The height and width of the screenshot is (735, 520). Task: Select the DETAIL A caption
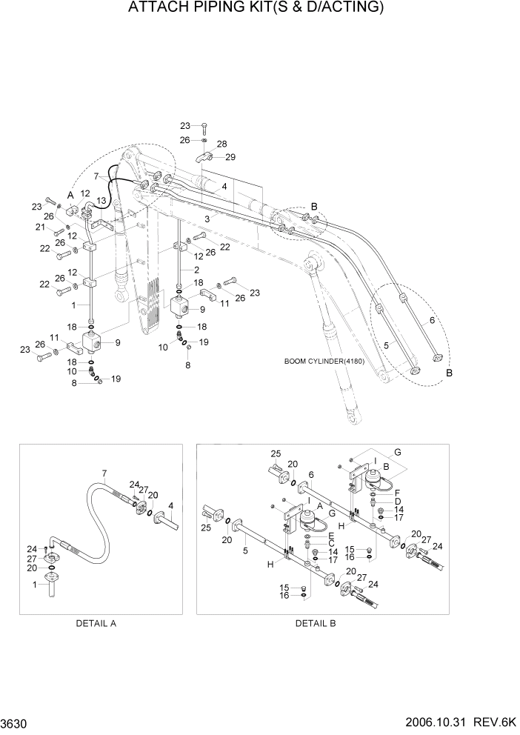96,623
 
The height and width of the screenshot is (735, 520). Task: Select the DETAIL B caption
316,623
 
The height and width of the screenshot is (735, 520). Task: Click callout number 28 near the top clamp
221,144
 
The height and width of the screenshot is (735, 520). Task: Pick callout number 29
230,156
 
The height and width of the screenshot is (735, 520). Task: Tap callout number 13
101,200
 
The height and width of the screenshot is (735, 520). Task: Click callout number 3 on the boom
208,219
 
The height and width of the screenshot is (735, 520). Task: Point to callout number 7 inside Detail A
104,473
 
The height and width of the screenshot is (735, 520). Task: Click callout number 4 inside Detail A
171,506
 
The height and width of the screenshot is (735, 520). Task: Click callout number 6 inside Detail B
311,474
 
